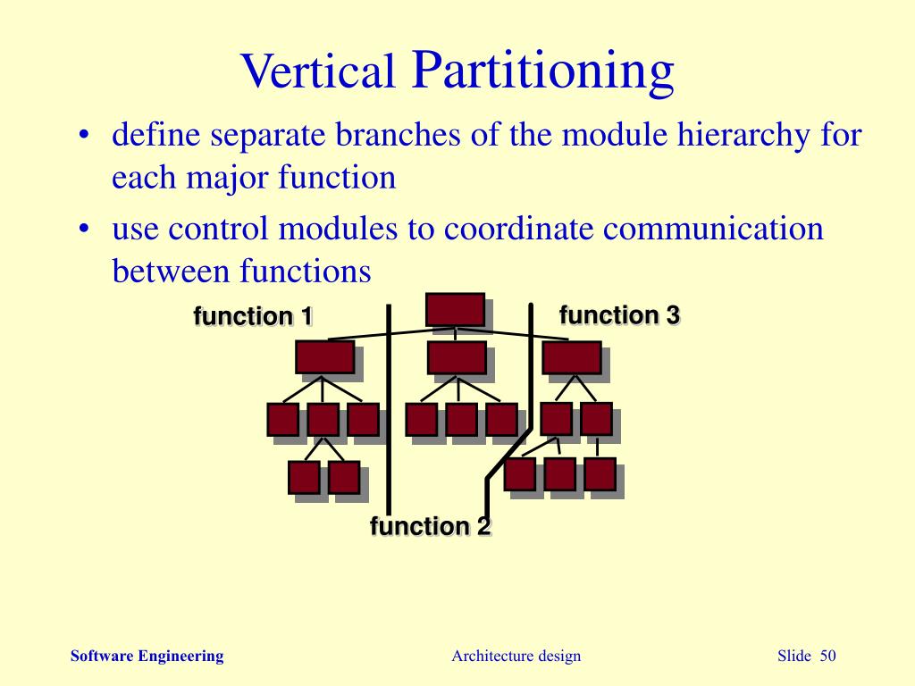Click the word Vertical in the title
(x=318, y=71)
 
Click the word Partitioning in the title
(x=542, y=71)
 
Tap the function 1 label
(x=253, y=316)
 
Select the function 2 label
(x=431, y=527)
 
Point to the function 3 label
(x=619, y=315)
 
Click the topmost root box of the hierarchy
(x=455, y=310)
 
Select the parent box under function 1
(x=324, y=357)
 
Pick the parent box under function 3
(x=571, y=358)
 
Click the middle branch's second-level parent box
(x=456, y=357)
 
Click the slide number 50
(x=827, y=657)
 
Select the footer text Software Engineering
(x=147, y=657)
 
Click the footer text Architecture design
(x=516, y=657)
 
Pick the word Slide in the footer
(x=793, y=657)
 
